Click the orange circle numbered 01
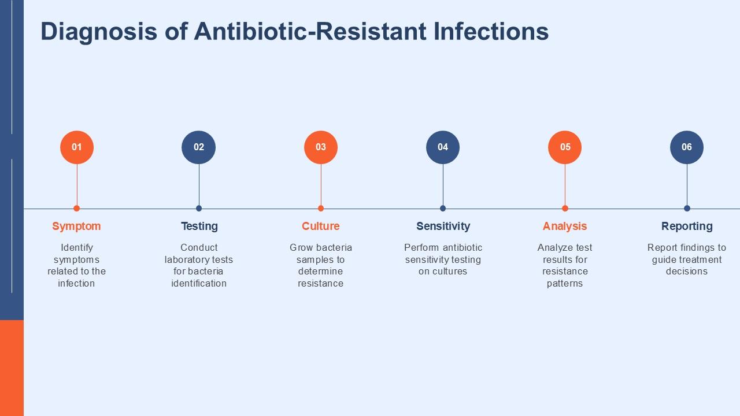[x=77, y=147]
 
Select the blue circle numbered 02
[x=199, y=147]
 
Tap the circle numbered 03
[x=321, y=147]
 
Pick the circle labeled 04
[x=443, y=147]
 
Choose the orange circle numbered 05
[x=565, y=147]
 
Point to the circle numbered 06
[x=687, y=147]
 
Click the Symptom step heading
[x=76, y=226]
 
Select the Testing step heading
[x=199, y=226]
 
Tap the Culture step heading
[x=321, y=226]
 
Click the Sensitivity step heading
[x=443, y=226]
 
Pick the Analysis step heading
[x=565, y=226]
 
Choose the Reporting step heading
[x=687, y=226]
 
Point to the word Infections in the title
[x=491, y=32]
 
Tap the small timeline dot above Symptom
[x=77, y=209]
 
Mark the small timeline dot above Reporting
[x=687, y=209]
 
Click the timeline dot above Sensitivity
[x=443, y=209]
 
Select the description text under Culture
[x=321, y=265]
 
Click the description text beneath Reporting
[x=687, y=259]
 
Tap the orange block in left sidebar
[x=12, y=367]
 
